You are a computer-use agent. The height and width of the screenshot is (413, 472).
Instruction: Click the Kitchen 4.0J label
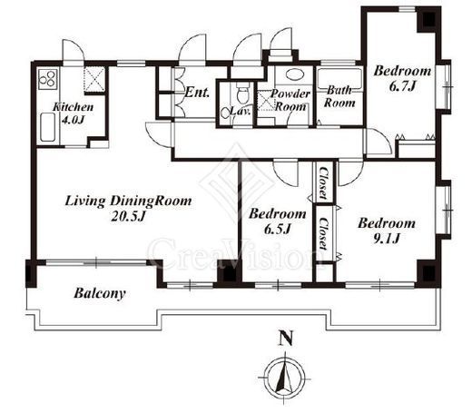tap(73, 113)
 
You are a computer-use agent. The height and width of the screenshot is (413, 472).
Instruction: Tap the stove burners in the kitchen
tap(48, 79)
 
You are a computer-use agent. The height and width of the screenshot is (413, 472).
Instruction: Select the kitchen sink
tap(47, 127)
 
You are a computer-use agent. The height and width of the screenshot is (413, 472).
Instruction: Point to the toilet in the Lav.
tap(241, 93)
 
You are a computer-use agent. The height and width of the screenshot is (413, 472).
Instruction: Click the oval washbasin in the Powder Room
tap(292, 74)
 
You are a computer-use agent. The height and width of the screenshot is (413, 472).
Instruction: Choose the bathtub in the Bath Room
tap(339, 79)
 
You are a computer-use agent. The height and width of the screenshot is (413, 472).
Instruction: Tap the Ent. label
tap(197, 93)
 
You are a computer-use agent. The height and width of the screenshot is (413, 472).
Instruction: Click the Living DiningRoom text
tap(128, 202)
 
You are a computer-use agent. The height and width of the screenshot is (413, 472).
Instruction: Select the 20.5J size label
tap(129, 216)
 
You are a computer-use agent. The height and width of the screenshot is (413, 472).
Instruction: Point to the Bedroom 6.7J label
tap(402, 78)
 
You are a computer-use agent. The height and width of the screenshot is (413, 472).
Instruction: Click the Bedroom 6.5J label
tap(278, 221)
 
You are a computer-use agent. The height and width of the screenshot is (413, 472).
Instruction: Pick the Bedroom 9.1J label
tap(387, 231)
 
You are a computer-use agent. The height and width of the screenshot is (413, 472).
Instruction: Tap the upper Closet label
tap(324, 183)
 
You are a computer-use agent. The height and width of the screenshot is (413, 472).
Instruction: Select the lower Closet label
tap(323, 234)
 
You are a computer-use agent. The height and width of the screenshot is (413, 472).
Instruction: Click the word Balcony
tap(100, 293)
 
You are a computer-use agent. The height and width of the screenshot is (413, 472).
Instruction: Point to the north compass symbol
tap(284, 379)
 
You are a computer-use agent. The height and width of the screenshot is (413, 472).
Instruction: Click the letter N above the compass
tap(286, 339)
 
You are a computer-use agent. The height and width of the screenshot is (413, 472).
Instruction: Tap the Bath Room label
tap(339, 96)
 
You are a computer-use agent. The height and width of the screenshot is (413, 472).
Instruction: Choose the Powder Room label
tap(290, 100)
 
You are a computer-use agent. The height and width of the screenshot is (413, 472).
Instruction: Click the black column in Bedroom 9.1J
tap(428, 273)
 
